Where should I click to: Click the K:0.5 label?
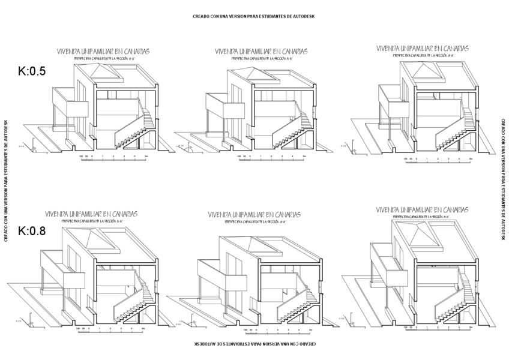pyautogui.click(x=32, y=70)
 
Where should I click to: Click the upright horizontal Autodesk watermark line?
pyautogui.click(x=253, y=16)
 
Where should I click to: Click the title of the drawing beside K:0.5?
pyautogui.click(x=103, y=52)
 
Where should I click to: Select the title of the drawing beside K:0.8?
pyautogui.click(x=92, y=214)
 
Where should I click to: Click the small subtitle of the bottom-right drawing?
pyautogui.click(x=421, y=217)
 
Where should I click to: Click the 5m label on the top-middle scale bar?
pyautogui.click(x=305, y=156)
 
